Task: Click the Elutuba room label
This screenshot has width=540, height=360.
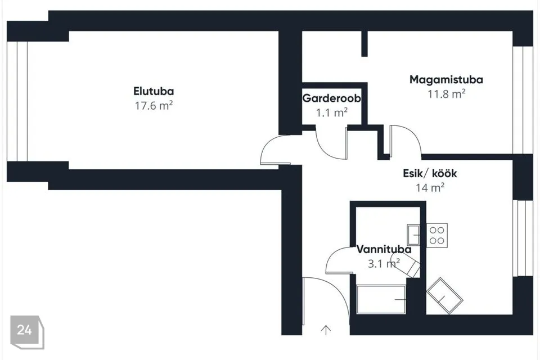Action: point(154,91)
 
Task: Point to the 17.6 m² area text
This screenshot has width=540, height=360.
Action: point(153,105)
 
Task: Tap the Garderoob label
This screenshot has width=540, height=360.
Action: point(331,98)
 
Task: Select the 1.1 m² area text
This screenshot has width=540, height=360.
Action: point(331,112)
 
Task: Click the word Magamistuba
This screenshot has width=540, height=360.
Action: point(446,79)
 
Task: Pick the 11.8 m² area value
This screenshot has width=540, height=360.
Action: point(447,93)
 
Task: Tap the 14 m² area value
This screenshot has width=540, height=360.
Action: point(430,188)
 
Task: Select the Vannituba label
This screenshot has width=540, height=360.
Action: point(384,249)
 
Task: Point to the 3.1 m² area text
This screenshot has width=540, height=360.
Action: point(384,263)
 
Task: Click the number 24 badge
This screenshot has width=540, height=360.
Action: point(25,330)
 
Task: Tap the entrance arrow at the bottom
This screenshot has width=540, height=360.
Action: point(326,330)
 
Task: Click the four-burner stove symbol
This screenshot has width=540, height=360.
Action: point(437,235)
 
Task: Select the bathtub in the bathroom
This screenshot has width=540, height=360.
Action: point(381,299)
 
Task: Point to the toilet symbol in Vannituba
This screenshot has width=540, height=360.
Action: point(406,265)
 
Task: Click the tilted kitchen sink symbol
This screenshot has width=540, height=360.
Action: point(444,295)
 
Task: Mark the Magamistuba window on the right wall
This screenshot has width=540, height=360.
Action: point(523,100)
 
